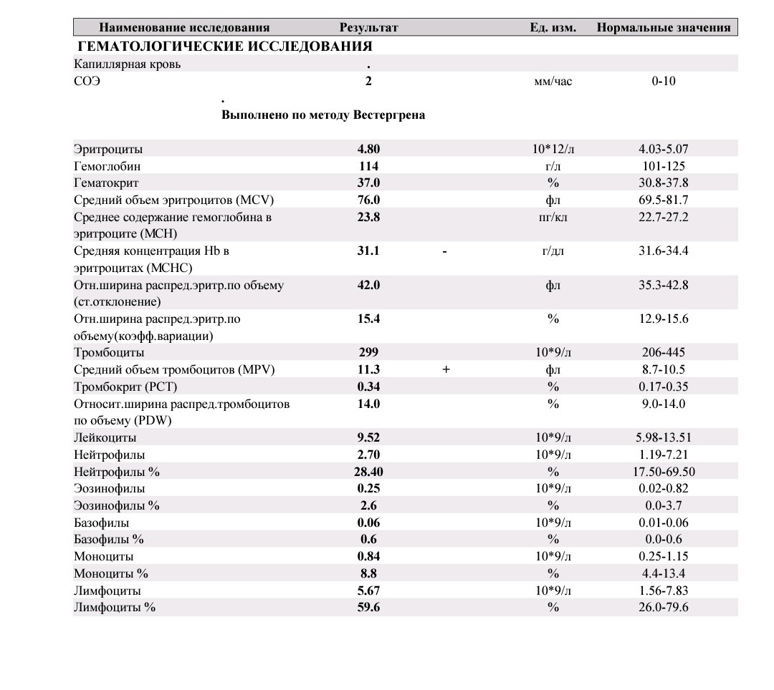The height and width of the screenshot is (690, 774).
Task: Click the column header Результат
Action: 368,28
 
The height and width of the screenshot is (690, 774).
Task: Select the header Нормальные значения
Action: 663,28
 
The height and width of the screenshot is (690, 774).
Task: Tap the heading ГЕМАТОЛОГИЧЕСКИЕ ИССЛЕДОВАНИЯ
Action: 224,47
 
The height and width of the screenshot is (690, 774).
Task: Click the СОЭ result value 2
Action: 368,81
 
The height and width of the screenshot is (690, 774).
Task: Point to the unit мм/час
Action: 553,81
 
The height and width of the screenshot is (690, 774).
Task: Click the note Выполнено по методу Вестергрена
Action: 323,115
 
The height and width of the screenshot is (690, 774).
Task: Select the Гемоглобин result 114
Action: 368,166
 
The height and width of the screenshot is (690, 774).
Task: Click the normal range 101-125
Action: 663,166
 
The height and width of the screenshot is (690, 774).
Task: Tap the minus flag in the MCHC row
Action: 445,251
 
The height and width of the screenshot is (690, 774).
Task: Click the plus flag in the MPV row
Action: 446,369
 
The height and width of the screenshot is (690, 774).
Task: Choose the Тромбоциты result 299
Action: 368,352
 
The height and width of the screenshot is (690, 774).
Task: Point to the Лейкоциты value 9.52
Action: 368,437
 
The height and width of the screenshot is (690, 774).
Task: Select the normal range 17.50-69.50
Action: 663,472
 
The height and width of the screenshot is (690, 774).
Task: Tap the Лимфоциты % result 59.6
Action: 368,607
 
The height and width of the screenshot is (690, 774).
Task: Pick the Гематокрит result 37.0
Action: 368,183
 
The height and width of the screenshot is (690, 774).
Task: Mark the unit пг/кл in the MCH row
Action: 553,217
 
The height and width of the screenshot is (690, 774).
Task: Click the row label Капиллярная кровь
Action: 128,64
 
